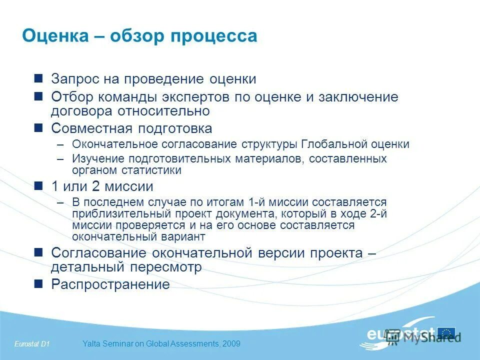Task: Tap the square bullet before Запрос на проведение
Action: pyautogui.click(x=38, y=79)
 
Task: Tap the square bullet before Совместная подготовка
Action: pyautogui.click(x=38, y=128)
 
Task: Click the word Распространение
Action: pyautogui.click(x=110, y=284)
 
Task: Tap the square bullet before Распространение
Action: pyautogui.click(x=38, y=284)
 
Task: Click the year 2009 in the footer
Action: pyautogui.click(x=231, y=343)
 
